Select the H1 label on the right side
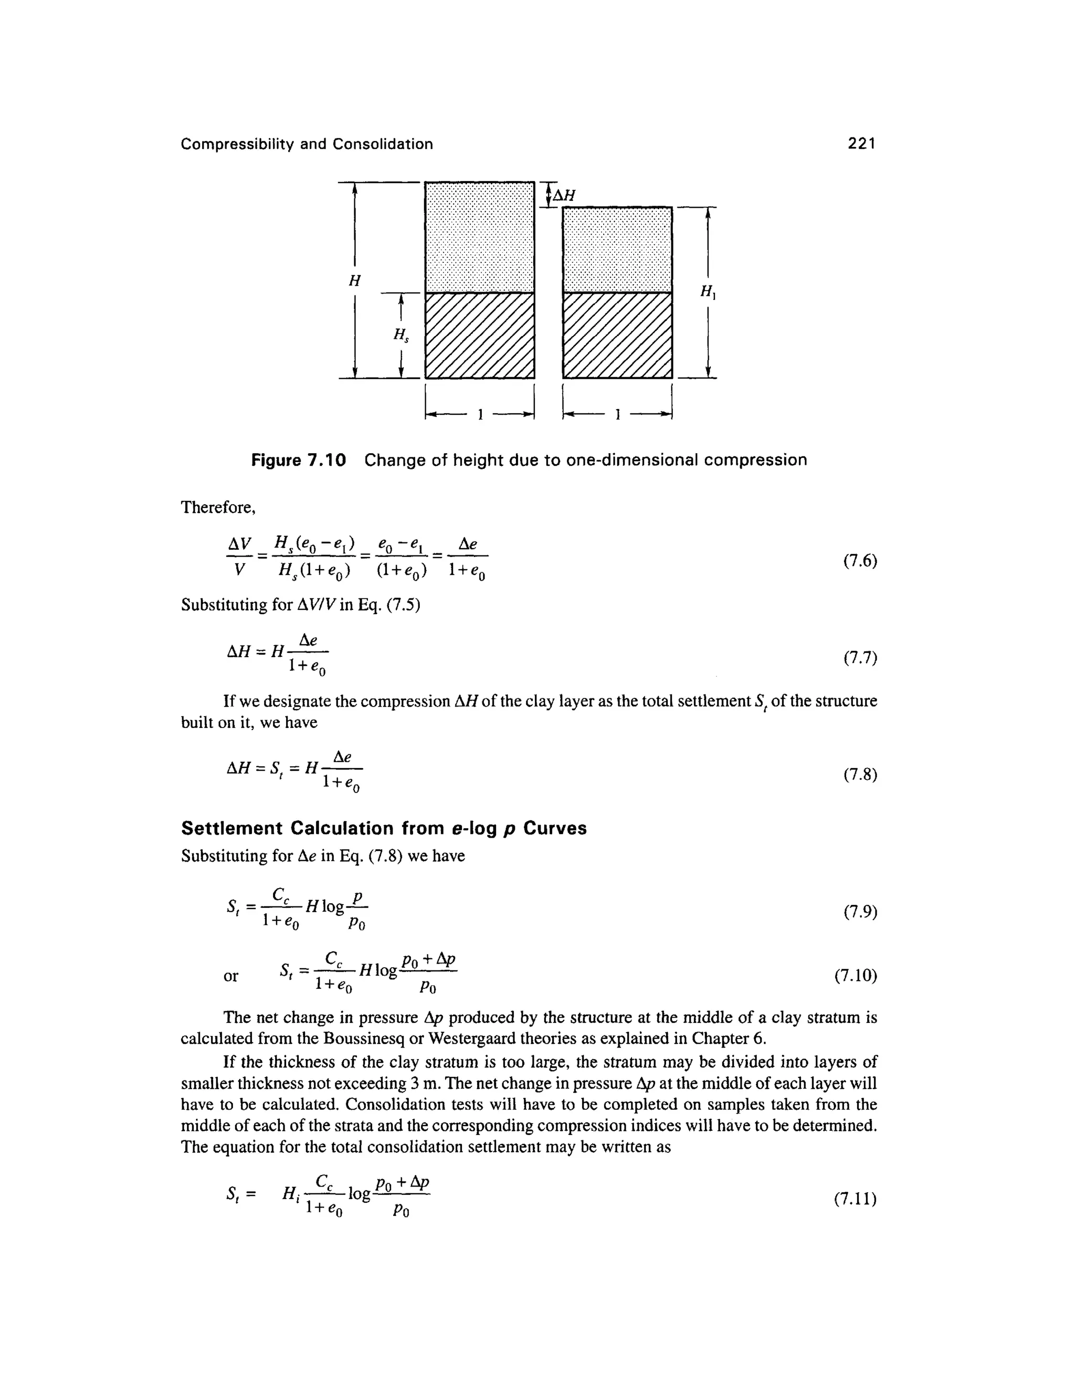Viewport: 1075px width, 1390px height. click(707, 292)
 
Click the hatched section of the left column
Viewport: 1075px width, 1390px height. click(479, 335)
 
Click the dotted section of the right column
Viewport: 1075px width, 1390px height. click(617, 250)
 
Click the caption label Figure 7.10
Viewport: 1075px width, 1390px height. click(298, 460)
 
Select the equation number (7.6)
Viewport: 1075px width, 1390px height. click(860, 561)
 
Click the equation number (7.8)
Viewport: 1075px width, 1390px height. click(860, 775)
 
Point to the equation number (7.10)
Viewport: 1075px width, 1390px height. click(855, 976)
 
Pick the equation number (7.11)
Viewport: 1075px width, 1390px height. click(855, 1199)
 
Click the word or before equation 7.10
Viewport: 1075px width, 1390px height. click(230, 976)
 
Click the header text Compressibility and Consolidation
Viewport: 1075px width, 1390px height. click(307, 144)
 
